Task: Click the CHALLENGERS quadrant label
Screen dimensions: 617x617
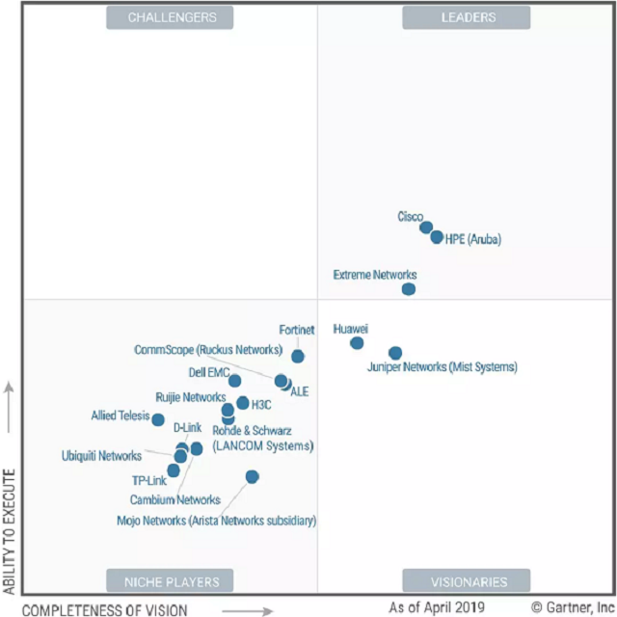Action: pyautogui.click(x=173, y=16)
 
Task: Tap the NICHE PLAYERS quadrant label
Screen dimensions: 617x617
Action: pyautogui.click(x=172, y=581)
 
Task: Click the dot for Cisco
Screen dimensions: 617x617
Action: pyautogui.click(x=426, y=228)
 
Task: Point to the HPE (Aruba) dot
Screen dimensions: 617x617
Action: pyautogui.click(x=437, y=237)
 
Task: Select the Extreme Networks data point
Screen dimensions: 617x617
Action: pyautogui.click(x=409, y=288)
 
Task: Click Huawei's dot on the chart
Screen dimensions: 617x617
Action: pyautogui.click(x=357, y=343)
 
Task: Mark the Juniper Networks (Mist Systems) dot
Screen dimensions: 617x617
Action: pyautogui.click(x=395, y=353)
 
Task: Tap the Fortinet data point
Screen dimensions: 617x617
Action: pyautogui.click(x=298, y=357)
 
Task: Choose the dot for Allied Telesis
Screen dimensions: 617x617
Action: pyautogui.click(x=158, y=419)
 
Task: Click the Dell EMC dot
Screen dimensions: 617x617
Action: pyautogui.click(x=235, y=381)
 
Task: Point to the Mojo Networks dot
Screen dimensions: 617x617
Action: pyautogui.click(x=253, y=476)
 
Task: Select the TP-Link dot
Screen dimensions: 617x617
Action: pyautogui.click(x=174, y=470)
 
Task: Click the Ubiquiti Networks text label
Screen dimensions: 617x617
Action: pyautogui.click(x=101, y=455)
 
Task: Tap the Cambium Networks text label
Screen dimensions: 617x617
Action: pyautogui.click(x=174, y=499)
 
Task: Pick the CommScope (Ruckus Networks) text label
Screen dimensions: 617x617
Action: pyautogui.click(x=208, y=349)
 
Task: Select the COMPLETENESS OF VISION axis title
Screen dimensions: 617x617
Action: pyautogui.click(x=105, y=608)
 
